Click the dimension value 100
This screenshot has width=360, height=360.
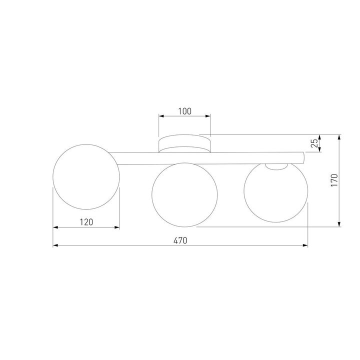pyautogui.click(x=184, y=111)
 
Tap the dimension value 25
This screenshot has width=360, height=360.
pyautogui.click(x=314, y=143)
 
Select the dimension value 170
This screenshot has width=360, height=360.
pyautogui.click(x=334, y=180)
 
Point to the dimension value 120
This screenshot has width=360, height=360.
pyautogui.click(x=86, y=221)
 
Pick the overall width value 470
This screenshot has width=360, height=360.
pyautogui.click(x=180, y=240)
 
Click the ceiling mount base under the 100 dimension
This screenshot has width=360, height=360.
pyautogui.click(x=184, y=144)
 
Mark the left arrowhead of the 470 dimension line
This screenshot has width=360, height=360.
pyautogui.click(x=55, y=245)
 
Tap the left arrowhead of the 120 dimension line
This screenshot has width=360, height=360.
pyautogui.click(x=55, y=227)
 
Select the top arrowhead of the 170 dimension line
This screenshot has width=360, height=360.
pyautogui.click(x=339, y=136)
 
